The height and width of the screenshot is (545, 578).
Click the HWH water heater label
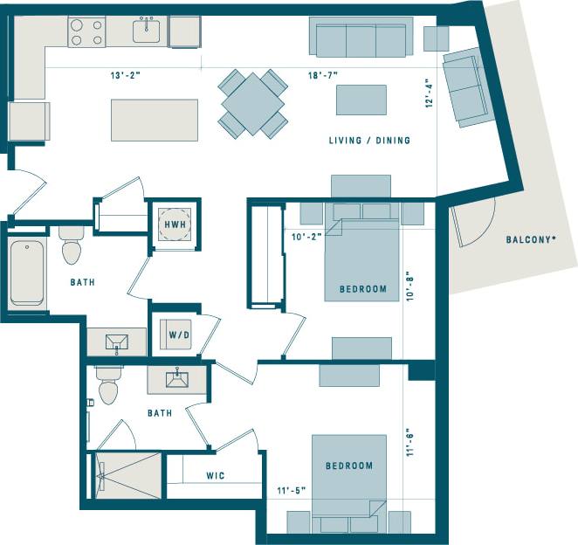pos(175,224)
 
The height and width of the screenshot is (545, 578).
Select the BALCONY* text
pos(532,239)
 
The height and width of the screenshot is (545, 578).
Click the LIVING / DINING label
pos(369,141)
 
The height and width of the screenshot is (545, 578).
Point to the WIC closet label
pos(217,476)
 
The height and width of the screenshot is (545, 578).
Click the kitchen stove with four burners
pos(87,32)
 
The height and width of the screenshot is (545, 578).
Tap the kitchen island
pos(142,120)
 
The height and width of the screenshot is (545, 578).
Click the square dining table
pos(252,103)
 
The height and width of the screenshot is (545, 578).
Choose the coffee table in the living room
pos(361,100)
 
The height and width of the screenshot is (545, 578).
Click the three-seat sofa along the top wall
pos(361,38)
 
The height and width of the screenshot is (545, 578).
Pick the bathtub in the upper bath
pos(27,272)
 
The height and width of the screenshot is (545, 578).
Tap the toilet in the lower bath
pos(108,387)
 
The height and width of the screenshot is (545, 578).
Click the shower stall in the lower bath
pos(128,476)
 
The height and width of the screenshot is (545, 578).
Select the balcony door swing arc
pos(476,222)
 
